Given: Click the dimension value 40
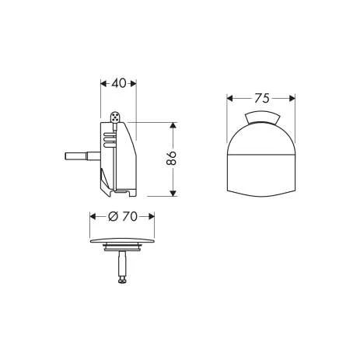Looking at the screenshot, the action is (118, 83).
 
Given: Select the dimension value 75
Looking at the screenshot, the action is (261, 98).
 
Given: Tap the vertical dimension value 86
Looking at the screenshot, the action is (171, 158).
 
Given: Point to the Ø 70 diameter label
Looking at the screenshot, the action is (122, 216).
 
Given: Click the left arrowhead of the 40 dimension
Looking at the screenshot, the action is (103, 83).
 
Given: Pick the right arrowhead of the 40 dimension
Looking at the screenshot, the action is (133, 83).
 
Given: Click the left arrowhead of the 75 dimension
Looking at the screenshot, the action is (230, 98).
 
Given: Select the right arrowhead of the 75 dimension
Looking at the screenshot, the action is (292, 98).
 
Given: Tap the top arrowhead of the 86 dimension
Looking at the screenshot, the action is (173, 125).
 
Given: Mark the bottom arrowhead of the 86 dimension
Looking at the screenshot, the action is (173, 193).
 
